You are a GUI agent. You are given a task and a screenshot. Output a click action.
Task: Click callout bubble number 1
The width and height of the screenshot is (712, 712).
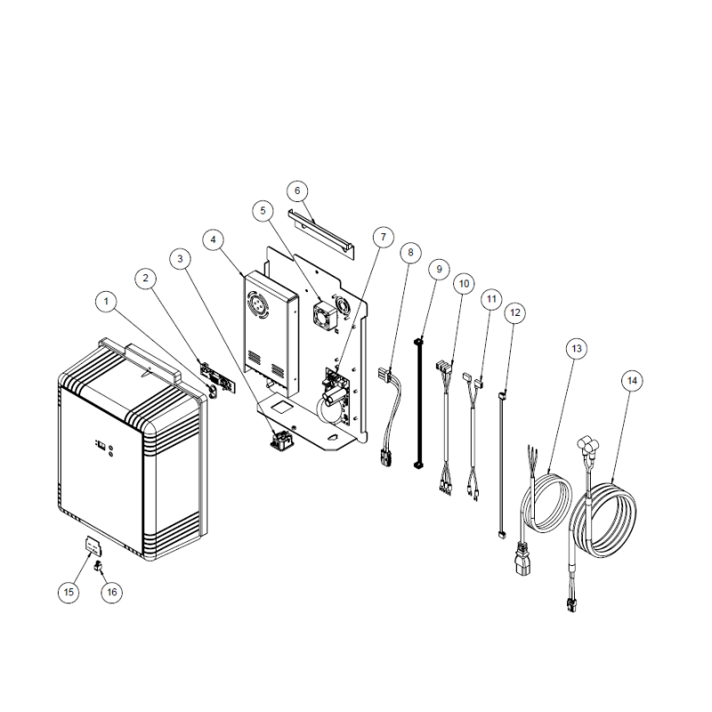(107, 303)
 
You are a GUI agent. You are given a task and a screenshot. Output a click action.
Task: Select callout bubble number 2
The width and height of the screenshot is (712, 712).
(144, 278)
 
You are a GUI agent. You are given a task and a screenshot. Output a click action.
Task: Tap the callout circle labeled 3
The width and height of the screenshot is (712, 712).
(181, 259)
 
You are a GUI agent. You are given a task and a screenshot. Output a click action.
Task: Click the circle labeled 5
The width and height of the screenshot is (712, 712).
(263, 211)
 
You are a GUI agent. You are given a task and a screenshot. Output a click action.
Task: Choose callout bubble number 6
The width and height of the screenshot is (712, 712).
(298, 190)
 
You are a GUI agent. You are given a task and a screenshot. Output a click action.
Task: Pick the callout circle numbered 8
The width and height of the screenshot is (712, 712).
(409, 253)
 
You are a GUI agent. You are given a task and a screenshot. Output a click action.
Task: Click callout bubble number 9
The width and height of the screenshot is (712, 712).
(437, 268)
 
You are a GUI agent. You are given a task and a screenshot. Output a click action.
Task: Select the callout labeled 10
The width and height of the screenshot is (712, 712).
(463, 283)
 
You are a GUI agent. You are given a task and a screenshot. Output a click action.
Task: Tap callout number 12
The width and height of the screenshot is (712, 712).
(514, 312)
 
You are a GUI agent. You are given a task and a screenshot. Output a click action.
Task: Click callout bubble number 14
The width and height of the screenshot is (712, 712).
(632, 380)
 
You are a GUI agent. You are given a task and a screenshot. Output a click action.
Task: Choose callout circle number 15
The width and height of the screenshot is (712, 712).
(69, 591)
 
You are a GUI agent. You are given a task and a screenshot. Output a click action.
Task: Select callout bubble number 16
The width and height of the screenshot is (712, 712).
(110, 591)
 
